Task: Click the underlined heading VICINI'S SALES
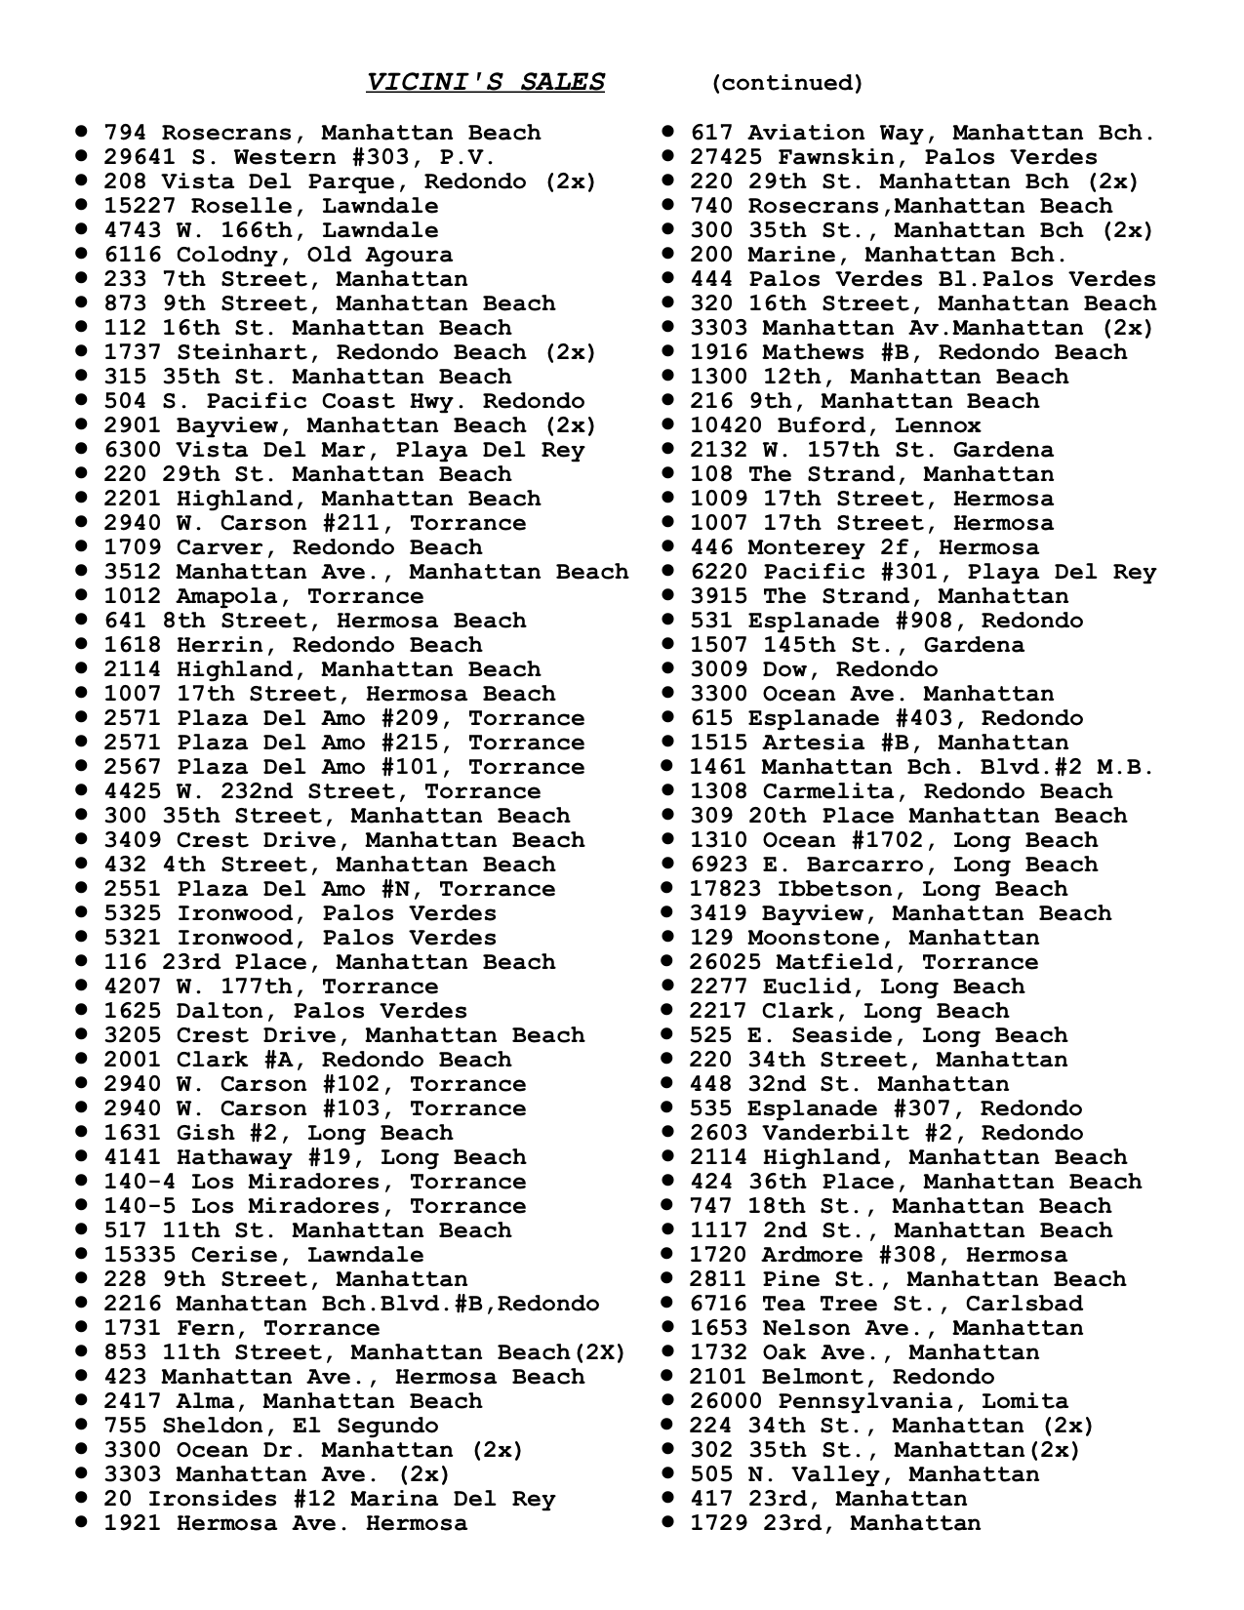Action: (485, 82)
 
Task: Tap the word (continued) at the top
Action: (787, 83)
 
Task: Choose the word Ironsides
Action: (205, 1499)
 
